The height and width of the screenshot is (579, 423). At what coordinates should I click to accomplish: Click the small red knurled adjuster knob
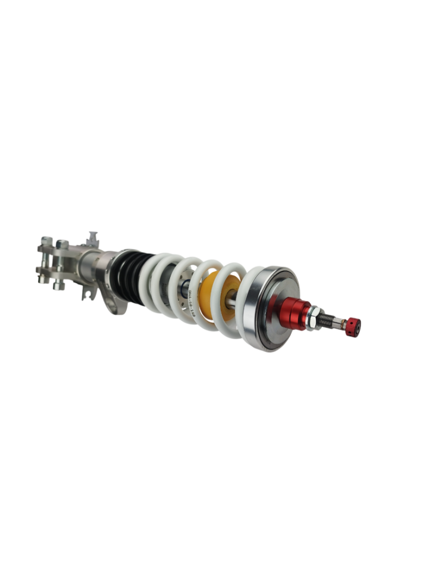pos(352,326)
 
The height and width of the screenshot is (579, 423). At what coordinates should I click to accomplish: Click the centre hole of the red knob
pos(358,327)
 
